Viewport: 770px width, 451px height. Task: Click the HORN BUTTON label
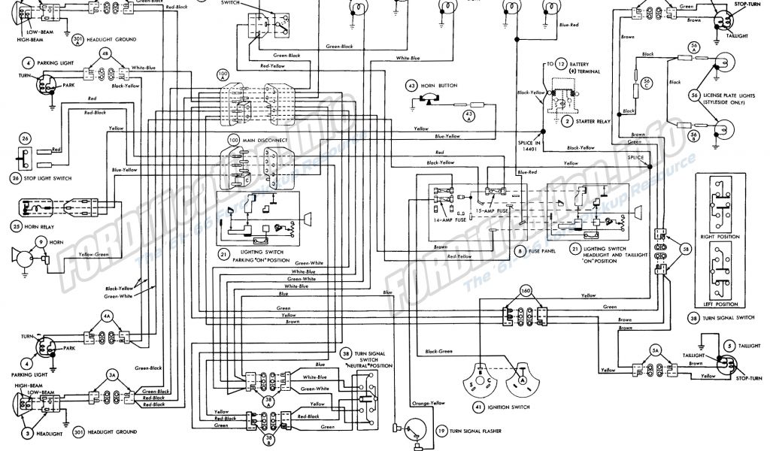(443, 86)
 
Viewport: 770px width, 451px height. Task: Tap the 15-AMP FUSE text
(496, 211)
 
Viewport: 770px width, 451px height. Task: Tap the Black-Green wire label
(442, 352)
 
